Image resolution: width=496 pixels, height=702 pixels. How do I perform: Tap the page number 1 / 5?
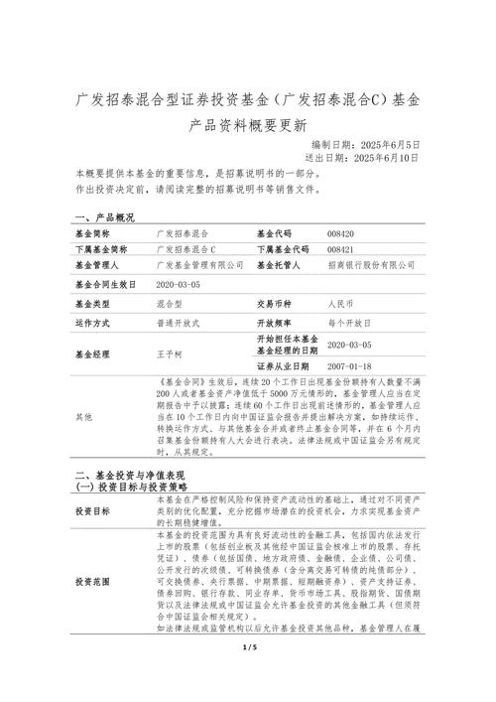(248, 675)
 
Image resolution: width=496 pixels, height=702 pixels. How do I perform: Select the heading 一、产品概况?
(104, 216)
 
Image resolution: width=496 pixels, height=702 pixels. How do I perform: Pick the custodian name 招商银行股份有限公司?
(370, 265)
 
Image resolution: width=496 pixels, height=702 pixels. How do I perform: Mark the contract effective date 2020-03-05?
(179, 284)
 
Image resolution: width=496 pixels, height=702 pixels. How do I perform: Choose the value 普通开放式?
(179, 323)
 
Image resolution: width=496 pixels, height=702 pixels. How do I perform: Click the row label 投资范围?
(92, 581)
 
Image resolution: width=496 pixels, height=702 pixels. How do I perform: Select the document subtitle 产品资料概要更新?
(248, 126)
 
